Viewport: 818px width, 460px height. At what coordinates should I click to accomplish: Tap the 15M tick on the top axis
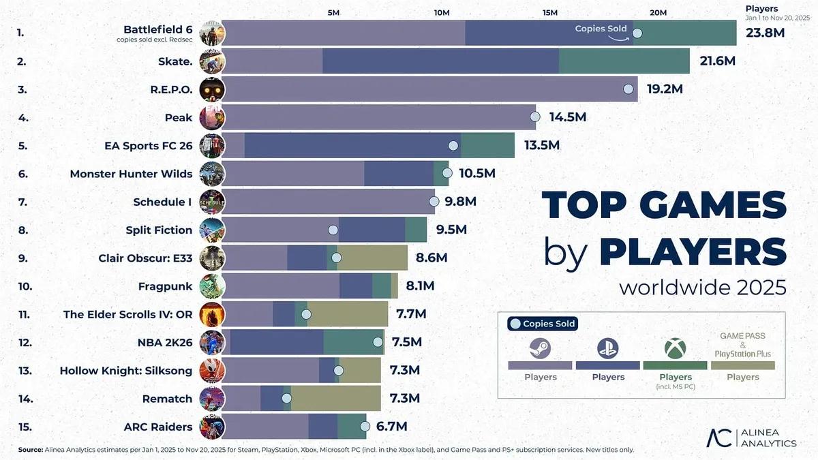coord(549,13)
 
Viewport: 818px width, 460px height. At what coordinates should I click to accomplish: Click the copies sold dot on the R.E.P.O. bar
coord(628,89)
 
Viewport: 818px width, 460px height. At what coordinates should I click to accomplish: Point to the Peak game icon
coord(211,117)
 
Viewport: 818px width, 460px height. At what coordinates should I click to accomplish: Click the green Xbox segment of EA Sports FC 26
coord(487,145)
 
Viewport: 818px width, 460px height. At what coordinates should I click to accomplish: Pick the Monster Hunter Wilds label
coord(131,174)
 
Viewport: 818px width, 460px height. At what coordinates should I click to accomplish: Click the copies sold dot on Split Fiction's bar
coord(333,230)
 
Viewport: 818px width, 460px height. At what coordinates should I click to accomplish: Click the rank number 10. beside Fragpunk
coord(25,286)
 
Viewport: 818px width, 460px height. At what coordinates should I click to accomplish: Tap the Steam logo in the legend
coord(540,348)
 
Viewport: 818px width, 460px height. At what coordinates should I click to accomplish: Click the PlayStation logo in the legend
coord(607,348)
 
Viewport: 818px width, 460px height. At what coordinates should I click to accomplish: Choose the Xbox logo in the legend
coord(675,348)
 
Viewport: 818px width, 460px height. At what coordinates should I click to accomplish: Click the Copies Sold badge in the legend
coord(543,324)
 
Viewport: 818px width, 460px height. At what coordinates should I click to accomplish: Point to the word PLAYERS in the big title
coord(693,251)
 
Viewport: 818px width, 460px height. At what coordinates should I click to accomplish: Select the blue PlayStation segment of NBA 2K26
coord(276,343)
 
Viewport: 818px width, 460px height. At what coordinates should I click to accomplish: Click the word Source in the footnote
coord(30,450)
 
